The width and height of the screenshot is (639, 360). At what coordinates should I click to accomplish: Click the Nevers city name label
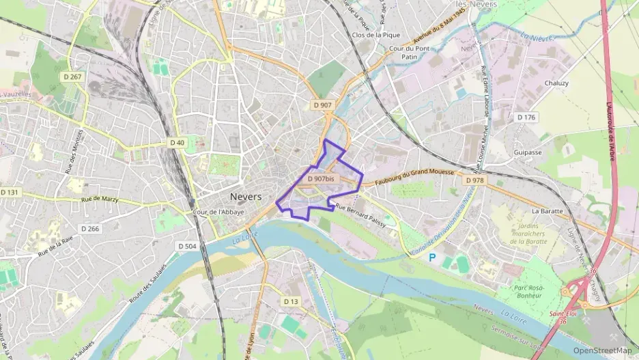pyautogui.click(x=246, y=197)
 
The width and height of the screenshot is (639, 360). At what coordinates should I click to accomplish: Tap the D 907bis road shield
pyautogui.click(x=321, y=179)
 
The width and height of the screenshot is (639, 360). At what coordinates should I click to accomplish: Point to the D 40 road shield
pyautogui.click(x=177, y=142)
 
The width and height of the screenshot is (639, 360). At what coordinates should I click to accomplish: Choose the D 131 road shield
pyautogui.click(x=10, y=193)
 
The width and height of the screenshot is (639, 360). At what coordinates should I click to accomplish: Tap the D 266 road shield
pyautogui.click(x=89, y=229)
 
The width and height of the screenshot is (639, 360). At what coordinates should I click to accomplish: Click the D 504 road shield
pyautogui.click(x=187, y=246)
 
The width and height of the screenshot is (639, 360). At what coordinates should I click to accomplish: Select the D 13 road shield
pyautogui.click(x=292, y=301)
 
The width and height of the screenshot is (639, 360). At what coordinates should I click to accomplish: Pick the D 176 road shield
pyautogui.click(x=526, y=117)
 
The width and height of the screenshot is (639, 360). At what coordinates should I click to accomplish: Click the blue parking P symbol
pyautogui.click(x=431, y=258)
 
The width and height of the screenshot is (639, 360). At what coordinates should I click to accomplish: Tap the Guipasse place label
pyautogui.click(x=528, y=152)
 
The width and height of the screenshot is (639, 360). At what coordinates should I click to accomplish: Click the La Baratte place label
pyautogui.click(x=547, y=211)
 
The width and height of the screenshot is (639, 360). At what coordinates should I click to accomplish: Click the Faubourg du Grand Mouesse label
pyautogui.click(x=414, y=176)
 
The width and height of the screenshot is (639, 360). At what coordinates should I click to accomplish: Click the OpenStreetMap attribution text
pyautogui.click(x=602, y=351)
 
